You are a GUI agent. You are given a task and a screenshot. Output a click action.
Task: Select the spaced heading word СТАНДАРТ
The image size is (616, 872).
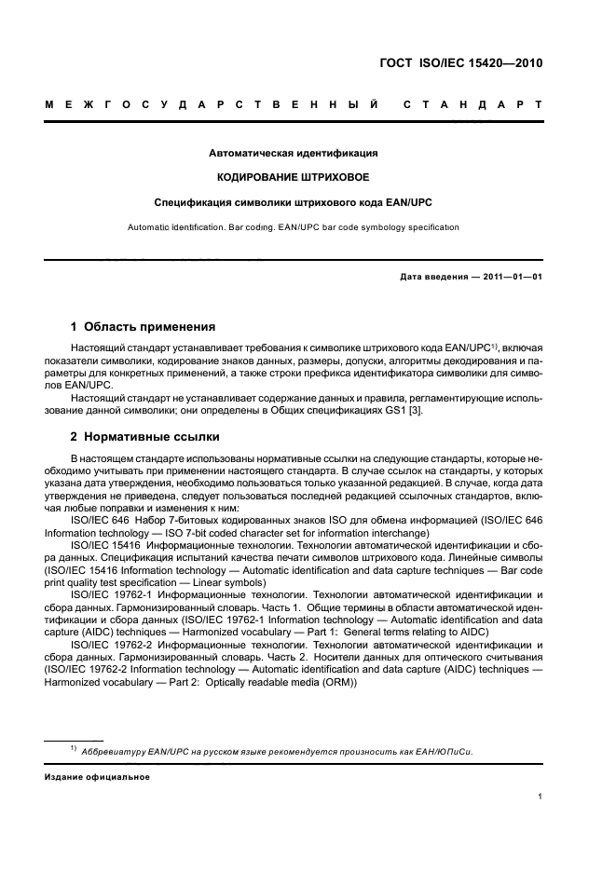pos(472,106)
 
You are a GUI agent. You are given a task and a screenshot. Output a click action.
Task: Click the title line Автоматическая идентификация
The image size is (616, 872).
pos(293,153)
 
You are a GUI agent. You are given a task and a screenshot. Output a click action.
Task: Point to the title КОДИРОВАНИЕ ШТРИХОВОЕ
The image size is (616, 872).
pos(293,177)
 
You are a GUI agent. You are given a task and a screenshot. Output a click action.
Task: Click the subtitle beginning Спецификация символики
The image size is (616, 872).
pos(293,201)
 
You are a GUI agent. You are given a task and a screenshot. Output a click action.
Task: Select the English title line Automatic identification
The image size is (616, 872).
pos(293,227)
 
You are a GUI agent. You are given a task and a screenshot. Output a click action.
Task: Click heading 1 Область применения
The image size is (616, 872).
pos(144,327)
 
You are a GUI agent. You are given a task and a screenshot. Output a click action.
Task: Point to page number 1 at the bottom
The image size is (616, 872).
pos(541,797)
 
